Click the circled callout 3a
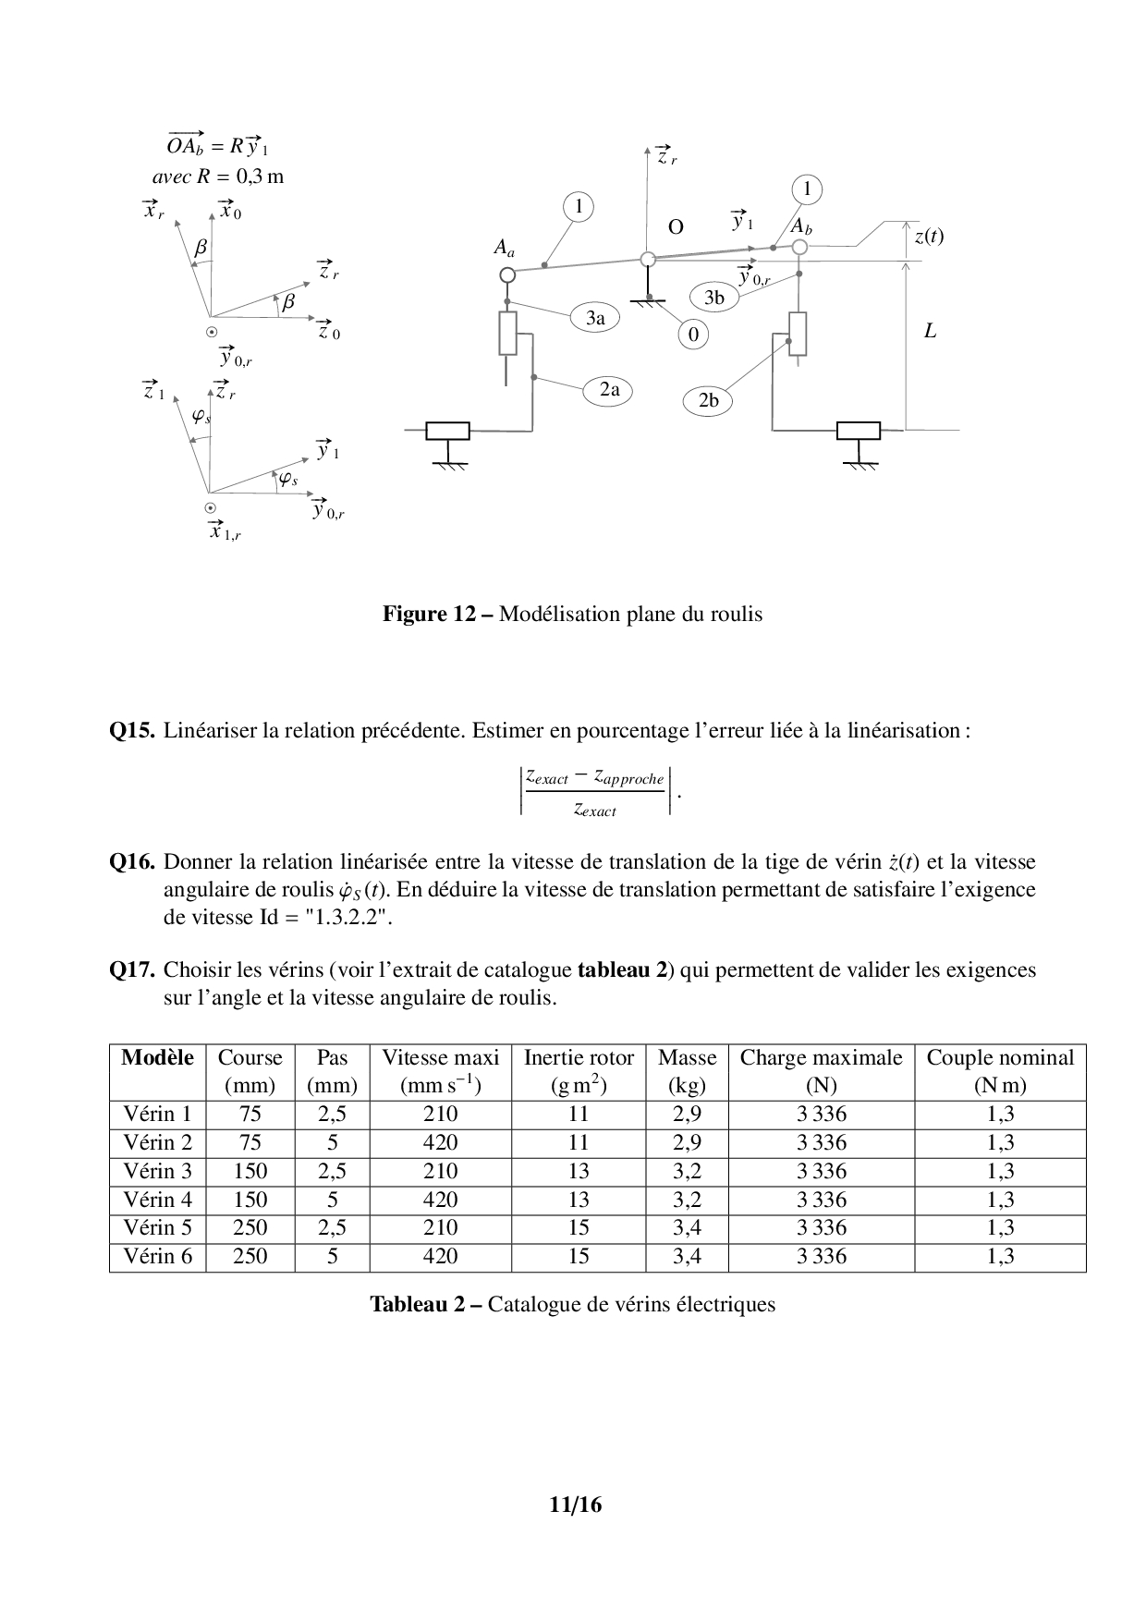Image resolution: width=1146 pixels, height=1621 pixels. [595, 318]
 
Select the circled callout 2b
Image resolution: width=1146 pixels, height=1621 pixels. [708, 400]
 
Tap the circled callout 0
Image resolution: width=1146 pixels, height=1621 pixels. [693, 335]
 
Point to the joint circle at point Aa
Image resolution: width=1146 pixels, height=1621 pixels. [506, 274]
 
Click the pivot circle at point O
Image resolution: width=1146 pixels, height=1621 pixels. [649, 260]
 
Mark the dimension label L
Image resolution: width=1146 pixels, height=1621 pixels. [930, 331]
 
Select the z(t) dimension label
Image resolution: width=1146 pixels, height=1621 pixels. [929, 236]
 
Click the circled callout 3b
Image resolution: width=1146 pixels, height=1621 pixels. [714, 298]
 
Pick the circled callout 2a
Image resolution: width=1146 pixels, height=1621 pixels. [609, 390]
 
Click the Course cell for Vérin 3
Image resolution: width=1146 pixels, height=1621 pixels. [250, 1171]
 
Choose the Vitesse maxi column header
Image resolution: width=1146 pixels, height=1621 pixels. [440, 1071]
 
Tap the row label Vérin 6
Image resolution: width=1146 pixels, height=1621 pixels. [157, 1256]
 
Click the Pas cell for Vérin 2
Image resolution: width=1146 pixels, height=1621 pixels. [332, 1142]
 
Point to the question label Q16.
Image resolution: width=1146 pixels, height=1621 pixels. [131, 862]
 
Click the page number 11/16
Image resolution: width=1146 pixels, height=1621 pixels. [574, 1505]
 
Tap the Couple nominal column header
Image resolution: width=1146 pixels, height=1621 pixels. [1000, 1071]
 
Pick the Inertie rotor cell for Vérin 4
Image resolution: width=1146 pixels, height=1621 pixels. [579, 1200]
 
